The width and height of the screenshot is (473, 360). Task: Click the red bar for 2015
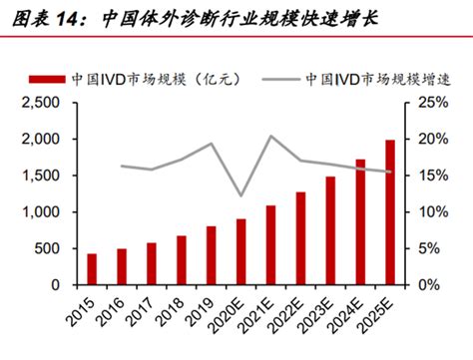(x=92, y=269)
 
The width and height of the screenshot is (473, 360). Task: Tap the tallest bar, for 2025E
(x=389, y=212)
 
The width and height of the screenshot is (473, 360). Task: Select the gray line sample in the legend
(x=271, y=78)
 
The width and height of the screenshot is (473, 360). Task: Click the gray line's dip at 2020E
(x=240, y=196)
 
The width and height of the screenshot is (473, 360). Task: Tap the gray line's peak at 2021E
(x=270, y=136)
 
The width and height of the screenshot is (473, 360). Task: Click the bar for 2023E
(x=330, y=230)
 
